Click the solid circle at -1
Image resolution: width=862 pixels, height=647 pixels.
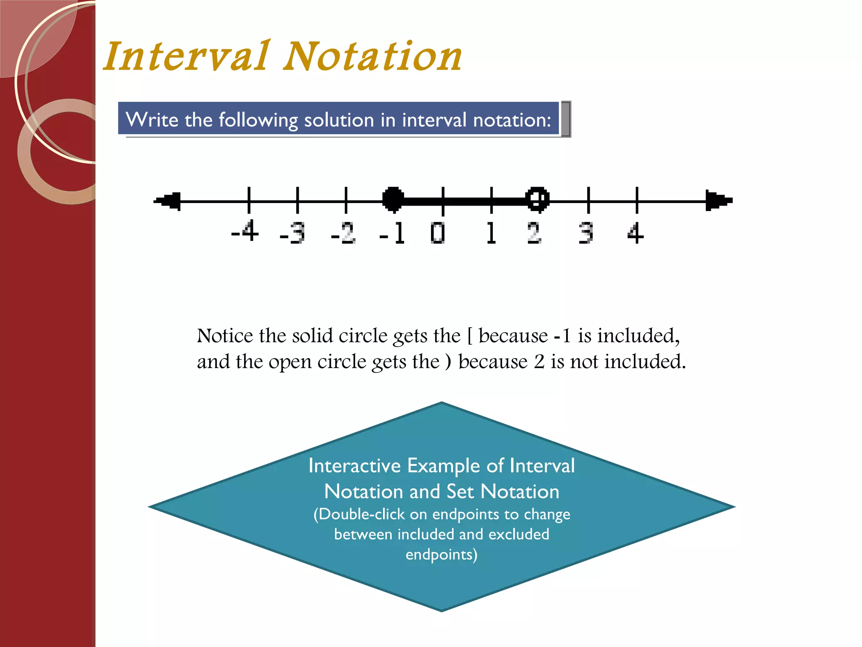[x=393, y=199]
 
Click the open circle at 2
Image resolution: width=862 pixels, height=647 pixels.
[x=537, y=199]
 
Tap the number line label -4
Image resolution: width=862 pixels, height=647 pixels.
[x=245, y=231]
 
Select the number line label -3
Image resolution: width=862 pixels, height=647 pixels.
[x=293, y=233]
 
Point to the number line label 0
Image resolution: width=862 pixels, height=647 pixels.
[x=438, y=233]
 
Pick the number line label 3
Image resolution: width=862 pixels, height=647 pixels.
[x=586, y=233]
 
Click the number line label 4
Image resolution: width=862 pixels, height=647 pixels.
[x=635, y=233]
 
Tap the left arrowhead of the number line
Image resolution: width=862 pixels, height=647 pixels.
[x=168, y=201]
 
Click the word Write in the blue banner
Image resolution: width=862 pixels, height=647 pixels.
[x=152, y=120]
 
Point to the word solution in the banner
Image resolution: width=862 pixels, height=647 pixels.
[x=339, y=120]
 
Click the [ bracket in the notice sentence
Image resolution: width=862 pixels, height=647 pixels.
[x=470, y=336]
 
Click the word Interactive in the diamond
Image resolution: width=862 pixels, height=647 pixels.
[x=354, y=466]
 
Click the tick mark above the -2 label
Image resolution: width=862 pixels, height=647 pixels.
[x=346, y=200]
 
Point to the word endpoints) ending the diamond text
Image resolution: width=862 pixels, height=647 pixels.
[x=442, y=554]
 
